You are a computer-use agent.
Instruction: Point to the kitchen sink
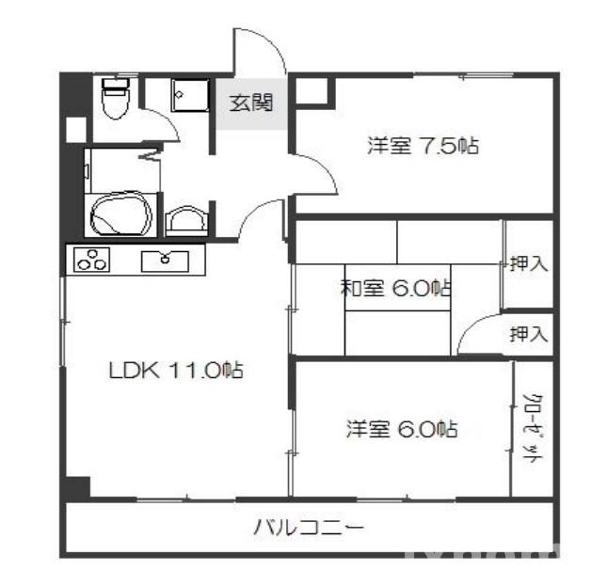(x=166, y=261)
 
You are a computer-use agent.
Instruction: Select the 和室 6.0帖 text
(x=395, y=289)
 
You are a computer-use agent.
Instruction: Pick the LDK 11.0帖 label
(x=174, y=371)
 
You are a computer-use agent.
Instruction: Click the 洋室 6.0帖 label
(x=401, y=430)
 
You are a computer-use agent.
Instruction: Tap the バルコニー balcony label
(x=308, y=527)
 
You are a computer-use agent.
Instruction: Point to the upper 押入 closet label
(x=528, y=264)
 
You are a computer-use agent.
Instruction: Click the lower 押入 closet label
(x=528, y=333)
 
